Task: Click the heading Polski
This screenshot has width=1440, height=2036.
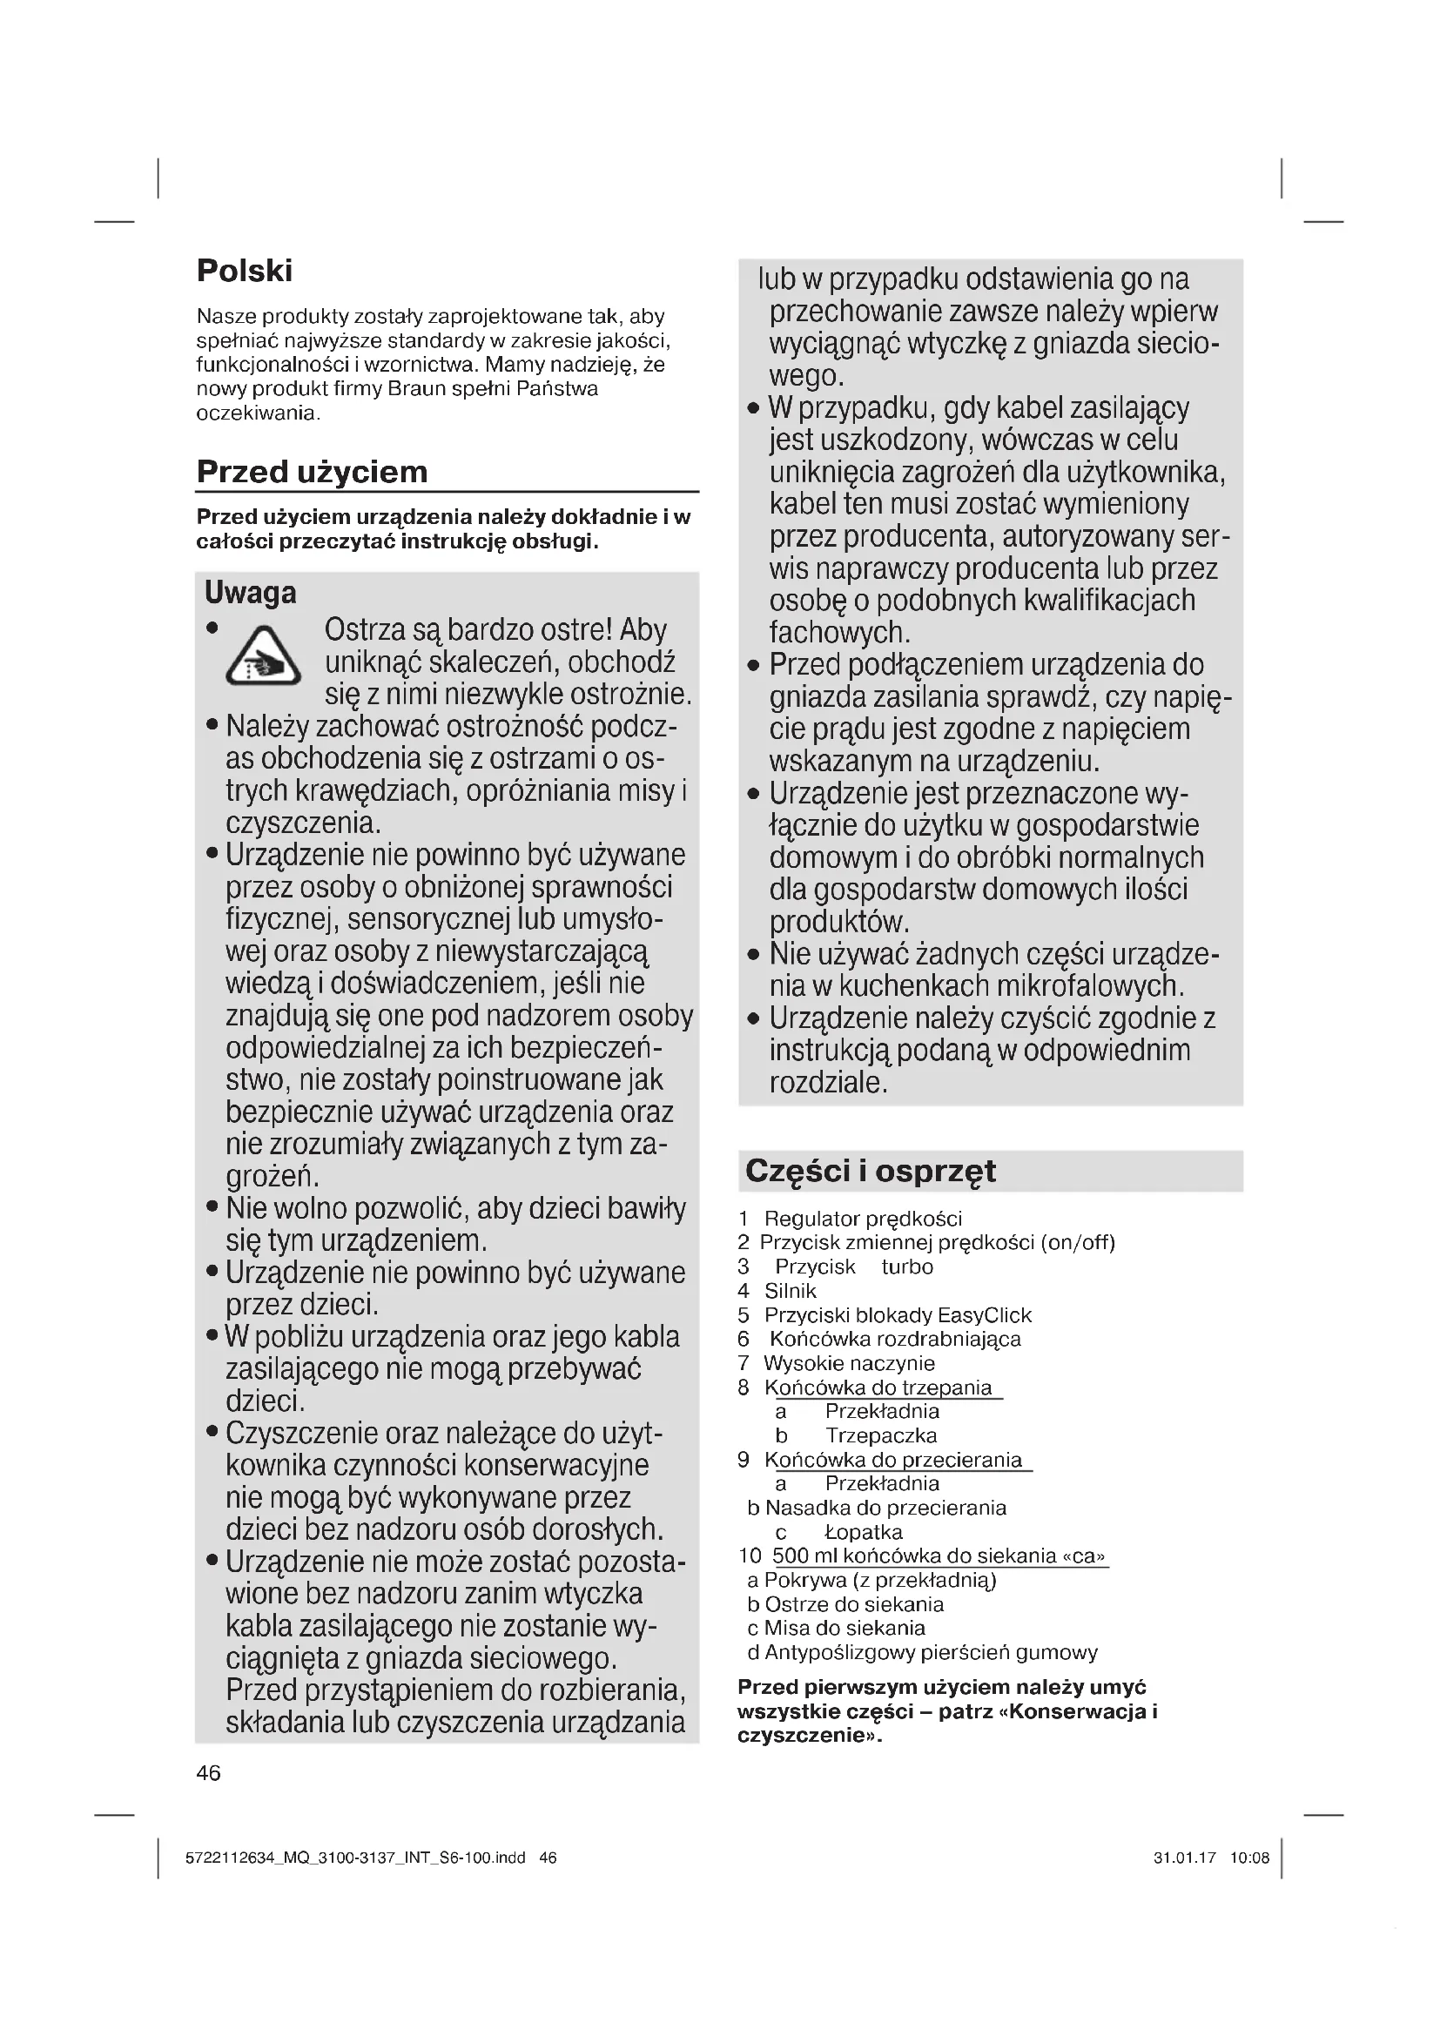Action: (x=244, y=271)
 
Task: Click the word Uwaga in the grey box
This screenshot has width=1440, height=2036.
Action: (x=250, y=593)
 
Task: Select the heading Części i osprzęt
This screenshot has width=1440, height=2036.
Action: (x=870, y=1171)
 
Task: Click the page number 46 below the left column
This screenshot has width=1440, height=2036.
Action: (x=208, y=1772)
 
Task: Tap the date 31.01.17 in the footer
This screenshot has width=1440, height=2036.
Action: (x=1185, y=1858)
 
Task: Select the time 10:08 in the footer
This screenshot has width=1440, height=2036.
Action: (x=1249, y=1858)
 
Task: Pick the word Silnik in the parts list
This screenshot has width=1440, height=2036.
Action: (x=790, y=1291)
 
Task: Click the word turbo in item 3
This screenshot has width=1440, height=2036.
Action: (x=907, y=1267)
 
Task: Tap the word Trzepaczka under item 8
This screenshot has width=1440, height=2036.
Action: (x=880, y=1435)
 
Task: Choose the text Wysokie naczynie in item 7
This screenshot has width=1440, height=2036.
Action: (x=849, y=1363)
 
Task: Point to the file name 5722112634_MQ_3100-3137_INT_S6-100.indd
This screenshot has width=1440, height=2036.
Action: (x=355, y=1858)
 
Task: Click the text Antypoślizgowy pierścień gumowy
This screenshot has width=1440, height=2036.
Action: (x=930, y=1652)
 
